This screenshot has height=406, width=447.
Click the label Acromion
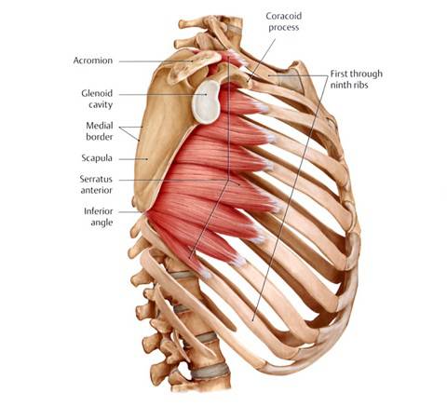93,61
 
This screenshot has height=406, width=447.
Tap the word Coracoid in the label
284,16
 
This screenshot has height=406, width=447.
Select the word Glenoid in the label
97,93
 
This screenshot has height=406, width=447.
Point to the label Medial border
100,131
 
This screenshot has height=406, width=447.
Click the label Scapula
97,158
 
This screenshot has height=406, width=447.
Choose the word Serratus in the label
96,179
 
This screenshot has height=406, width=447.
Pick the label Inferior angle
99,217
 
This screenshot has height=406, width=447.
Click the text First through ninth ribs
356,79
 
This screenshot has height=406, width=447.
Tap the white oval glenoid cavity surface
206,101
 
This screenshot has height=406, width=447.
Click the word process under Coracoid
284,28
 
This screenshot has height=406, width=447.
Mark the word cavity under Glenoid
101,104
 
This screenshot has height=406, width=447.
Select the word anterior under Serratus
97,190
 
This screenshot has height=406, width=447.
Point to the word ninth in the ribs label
341,85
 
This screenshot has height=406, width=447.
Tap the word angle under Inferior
102,223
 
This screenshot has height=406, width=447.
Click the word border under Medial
100,137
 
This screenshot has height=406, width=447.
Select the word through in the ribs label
366,74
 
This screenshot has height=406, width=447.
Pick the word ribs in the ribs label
360,85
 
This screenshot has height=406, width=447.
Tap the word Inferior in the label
99,211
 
